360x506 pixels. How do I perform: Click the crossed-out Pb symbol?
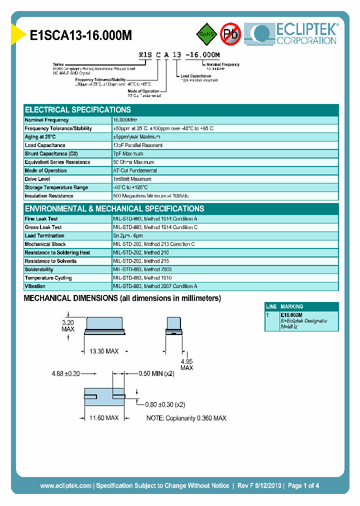pos(230,34)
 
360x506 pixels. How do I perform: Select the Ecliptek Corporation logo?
pos(295,34)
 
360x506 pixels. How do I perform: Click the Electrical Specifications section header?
pos(78,110)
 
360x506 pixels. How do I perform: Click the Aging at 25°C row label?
pos(40,137)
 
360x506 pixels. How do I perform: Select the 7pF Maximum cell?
pos(128,154)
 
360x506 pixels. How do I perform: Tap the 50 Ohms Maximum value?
pos(133,162)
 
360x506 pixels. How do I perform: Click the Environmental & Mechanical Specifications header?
pos(114,209)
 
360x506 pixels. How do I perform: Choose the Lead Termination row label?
pos(44,236)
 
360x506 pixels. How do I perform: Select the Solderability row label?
pos(39,269)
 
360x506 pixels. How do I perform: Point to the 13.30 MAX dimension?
pos(103,351)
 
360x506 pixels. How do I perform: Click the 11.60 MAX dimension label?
pos(103,417)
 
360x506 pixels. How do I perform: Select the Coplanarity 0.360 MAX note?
pos(186,418)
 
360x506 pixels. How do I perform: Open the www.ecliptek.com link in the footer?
pos(65,485)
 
